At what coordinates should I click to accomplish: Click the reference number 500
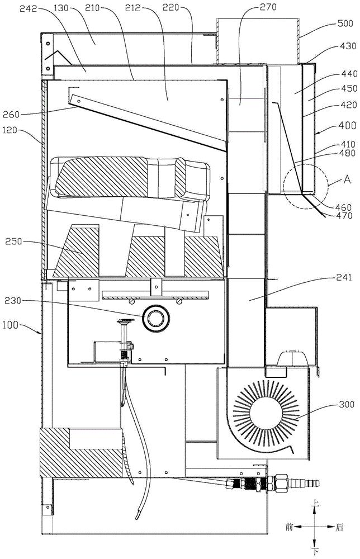[345, 23]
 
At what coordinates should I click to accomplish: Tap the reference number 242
[28, 8]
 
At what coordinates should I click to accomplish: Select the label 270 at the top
[268, 7]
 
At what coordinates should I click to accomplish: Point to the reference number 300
[347, 404]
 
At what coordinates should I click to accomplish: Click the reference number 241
[343, 277]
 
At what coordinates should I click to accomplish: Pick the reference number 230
[13, 301]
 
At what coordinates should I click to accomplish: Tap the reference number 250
[13, 241]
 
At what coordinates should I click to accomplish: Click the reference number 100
[10, 325]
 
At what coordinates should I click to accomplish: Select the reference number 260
[11, 114]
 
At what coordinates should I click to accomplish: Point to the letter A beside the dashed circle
[347, 179]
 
